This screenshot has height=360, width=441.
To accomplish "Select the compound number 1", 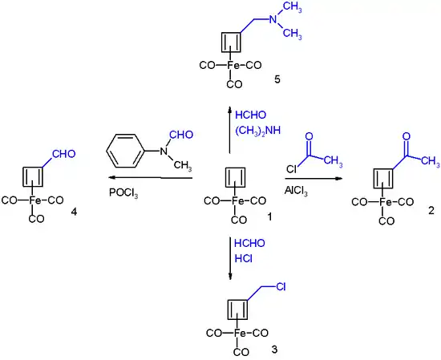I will (270, 216).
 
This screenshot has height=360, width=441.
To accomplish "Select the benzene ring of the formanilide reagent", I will (124, 151).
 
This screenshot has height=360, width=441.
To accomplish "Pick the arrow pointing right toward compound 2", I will (316, 178).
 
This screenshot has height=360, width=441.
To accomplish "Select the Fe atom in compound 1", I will (232, 201).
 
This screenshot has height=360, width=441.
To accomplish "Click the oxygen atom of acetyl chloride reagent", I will (309, 139).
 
